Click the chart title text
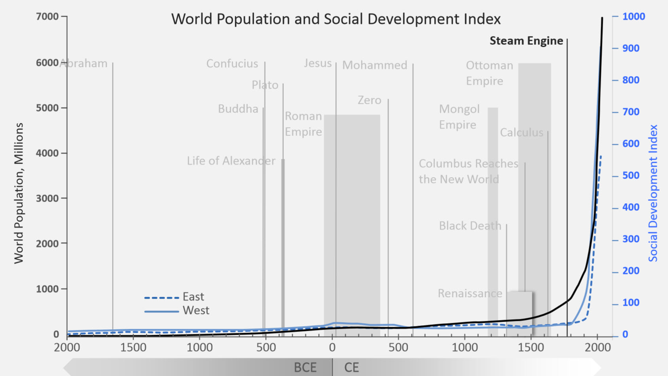(336, 19)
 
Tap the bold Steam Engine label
(526, 41)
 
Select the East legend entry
(193, 297)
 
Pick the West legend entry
(195, 311)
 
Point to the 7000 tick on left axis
(47, 17)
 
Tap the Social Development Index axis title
(653, 193)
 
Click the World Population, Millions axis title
(19, 193)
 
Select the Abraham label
(83, 63)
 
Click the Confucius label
(232, 64)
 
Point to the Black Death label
(470, 226)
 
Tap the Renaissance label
(470, 294)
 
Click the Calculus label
(521, 133)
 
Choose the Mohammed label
(374, 65)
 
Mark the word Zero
(369, 100)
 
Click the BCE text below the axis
(305, 368)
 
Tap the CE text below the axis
(351, 368)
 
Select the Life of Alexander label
(231, 161)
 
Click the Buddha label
(238, 109)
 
